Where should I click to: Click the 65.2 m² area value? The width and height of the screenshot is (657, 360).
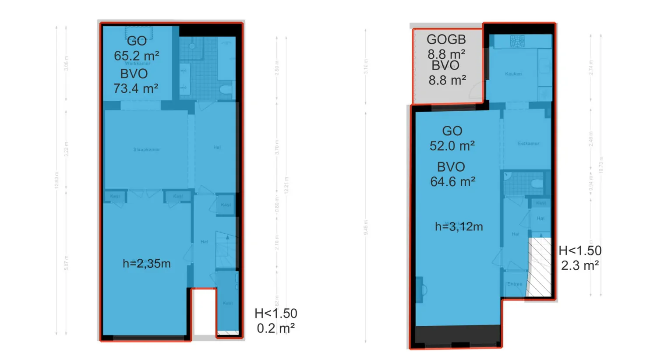coord(136,56)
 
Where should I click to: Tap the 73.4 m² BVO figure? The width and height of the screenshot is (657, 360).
coord(135,88)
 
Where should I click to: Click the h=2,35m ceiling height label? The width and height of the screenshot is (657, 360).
coord(146,264)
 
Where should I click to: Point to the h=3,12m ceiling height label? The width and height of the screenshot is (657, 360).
coord(459,226)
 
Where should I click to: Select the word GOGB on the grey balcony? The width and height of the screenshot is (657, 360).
coord(446,39)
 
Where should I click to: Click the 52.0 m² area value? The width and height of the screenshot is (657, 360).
coord(452,146)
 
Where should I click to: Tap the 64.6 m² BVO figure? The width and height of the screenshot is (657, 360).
coord(452,182)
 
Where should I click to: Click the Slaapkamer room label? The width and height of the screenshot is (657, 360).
coord(146,150)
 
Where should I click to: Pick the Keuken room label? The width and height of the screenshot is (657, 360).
coord(513,74)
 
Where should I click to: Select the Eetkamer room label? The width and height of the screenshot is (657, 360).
coord(528,144)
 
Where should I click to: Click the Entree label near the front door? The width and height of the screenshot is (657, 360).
coord(515,284)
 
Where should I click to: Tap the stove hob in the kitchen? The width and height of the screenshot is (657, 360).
coord(517,41)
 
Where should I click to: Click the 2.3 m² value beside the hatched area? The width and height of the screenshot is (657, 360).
coord(579,265)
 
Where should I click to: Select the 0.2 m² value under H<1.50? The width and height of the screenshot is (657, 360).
coord(276,328)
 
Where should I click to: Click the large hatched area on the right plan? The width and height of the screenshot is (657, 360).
coord(540,267)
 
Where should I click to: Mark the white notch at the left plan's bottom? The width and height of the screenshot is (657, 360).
coord(204,312)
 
